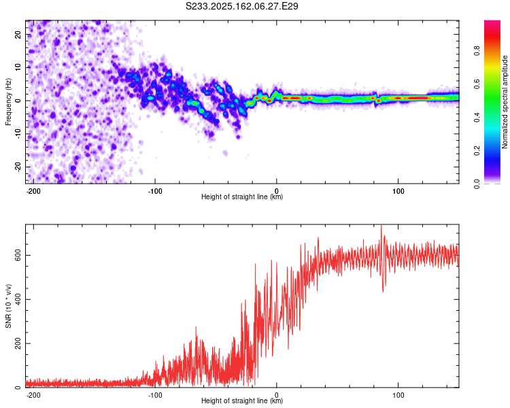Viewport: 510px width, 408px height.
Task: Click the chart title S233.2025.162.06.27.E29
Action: [x=241, y=6]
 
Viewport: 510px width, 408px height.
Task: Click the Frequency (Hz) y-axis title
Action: [x=8, y=102]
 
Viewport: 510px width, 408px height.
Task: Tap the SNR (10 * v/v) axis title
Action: [x=8, y=306]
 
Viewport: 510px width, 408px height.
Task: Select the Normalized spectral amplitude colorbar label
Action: [x=505, y=102]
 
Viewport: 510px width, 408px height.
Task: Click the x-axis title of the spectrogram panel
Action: [x=242, y=197]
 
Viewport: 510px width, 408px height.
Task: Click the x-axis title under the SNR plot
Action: [x=242, y=401]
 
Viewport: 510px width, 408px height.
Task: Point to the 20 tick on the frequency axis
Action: [x=18, y=34]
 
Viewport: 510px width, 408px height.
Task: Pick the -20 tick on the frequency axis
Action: [x=18, y=167]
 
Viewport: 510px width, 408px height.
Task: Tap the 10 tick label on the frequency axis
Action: [x=18, y=67]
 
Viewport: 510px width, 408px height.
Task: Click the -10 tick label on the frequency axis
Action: [x=18, y=134]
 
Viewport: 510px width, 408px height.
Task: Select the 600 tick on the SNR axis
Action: [x=18, y=256]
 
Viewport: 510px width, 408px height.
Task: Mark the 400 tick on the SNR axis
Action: [x=18, y=299]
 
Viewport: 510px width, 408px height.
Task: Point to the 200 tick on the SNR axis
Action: [x=18, y=343]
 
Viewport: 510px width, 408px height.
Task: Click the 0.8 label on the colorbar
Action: [x=477, y=51]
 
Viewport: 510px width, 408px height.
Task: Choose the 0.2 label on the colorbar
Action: [x=477, y=150]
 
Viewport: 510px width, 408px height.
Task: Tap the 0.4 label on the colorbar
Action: [x=477, y=117]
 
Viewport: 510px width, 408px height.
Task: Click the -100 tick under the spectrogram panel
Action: [x=155, y=191]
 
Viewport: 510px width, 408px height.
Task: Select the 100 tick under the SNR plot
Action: [x=398, y=395]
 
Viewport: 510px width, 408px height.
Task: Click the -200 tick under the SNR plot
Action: [x=33, y=395]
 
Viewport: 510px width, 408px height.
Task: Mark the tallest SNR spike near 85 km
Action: [x=381, y=225]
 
